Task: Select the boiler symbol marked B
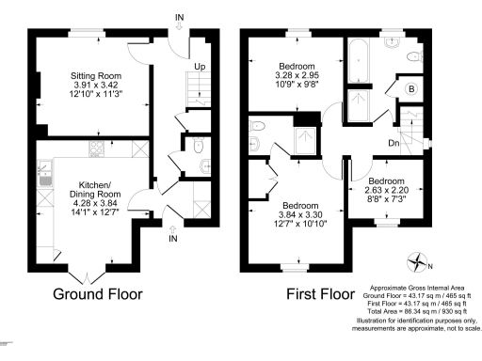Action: pos(410,89)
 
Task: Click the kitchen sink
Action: pos(43,173)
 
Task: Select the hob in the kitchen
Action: pos(95,148)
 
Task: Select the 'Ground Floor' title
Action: pos(98,293)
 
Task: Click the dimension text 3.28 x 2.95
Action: pos(286,75)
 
